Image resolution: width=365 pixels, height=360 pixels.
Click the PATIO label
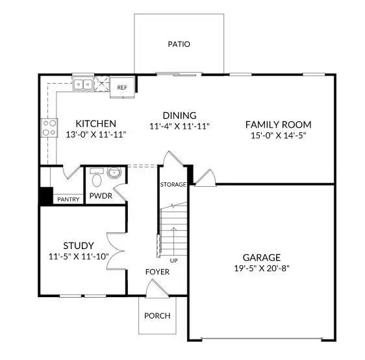[179, 44]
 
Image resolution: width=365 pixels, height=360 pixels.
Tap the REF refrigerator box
[122, 88]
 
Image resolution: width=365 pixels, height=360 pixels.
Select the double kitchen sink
[83, 84]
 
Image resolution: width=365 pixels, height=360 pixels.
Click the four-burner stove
[49, 127]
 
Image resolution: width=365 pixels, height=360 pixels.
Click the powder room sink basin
[114, 173]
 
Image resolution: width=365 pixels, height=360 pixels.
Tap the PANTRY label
[68, 199]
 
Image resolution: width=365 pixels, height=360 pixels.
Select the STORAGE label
[173, 184]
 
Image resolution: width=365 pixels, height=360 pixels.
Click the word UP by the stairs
[173, 261]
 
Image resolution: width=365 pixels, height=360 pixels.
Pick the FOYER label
[157, 272]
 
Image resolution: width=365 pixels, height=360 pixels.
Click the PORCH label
[157, 316]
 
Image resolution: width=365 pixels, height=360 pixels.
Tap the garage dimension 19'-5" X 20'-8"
[262, 269]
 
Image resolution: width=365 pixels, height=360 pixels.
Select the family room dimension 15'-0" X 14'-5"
[278, 136]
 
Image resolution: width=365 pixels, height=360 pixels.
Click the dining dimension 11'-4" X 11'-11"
[179, 126]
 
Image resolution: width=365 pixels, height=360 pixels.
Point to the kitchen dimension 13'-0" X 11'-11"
[96, 134]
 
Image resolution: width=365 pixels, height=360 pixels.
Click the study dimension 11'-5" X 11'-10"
[79, 256]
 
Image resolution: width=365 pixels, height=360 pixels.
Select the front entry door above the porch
[157, 289]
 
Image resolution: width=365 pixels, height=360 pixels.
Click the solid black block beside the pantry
[46, 196]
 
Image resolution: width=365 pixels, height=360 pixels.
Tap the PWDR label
[101, 196]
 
